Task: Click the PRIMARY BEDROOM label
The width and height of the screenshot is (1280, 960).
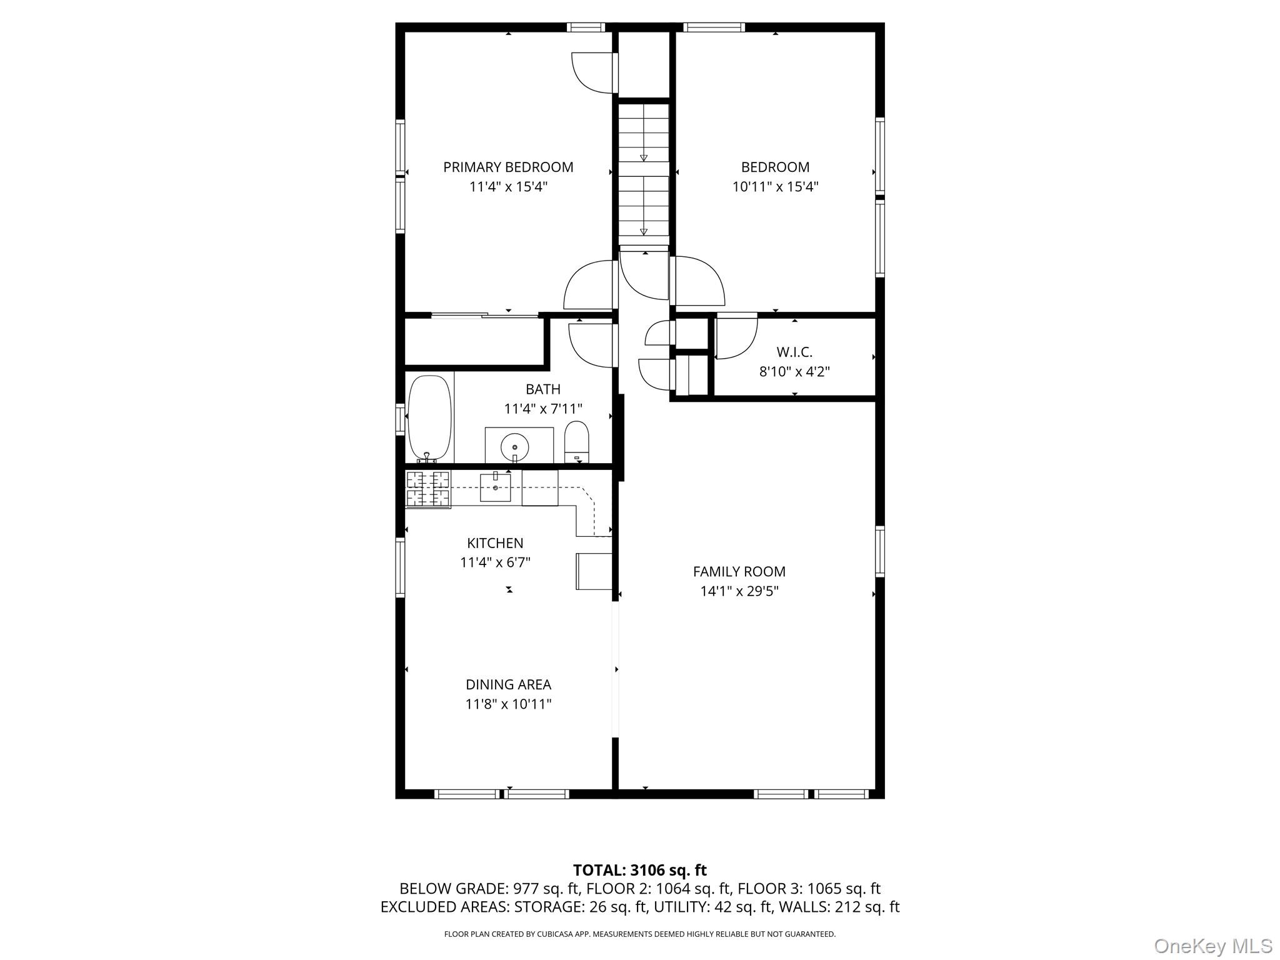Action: [x=508, y=167]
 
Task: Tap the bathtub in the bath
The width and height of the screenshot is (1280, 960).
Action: [x=429, y=419]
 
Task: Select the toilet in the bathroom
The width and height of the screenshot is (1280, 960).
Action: [x=577, y=442]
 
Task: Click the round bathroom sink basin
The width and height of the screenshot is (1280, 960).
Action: [x=514, y=447]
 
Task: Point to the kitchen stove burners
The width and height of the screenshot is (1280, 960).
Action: [x=428, y=489]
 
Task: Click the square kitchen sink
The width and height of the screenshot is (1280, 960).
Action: [x=495, y=487]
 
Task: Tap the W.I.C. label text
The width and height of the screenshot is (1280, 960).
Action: [x=794, y=352]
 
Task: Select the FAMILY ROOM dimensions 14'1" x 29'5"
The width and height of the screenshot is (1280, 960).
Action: [x=739, y=591]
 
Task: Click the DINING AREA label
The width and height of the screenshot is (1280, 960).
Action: [x=508, y=685]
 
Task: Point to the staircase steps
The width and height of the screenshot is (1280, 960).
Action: [x=644, y=174]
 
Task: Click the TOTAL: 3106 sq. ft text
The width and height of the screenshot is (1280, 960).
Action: [x=640, y=870]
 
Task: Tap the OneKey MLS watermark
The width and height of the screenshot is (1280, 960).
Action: [x=1213, y=946]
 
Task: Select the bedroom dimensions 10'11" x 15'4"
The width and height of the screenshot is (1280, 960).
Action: [x=776, y=187]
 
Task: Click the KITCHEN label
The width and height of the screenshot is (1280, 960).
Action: [x=495, y=544]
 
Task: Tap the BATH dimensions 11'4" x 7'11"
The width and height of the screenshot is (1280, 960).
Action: [x=543, y=409]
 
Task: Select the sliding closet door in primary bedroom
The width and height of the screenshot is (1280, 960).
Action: [x=485, y=315]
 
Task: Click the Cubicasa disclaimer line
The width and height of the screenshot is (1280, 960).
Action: [x=639, y=934]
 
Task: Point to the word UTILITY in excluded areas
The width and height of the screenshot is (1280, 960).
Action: [x=679, y=907]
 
